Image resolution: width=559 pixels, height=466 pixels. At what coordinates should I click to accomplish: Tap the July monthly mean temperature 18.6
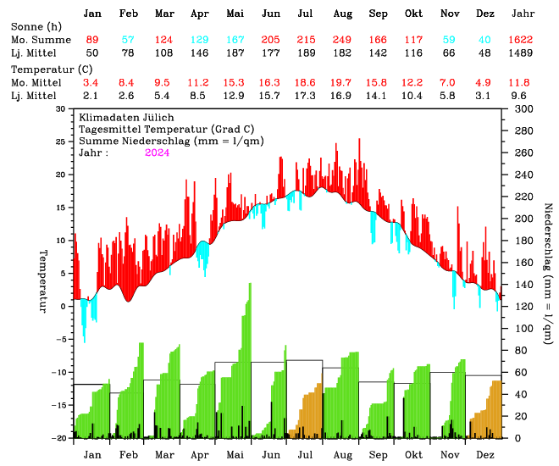tap(307, 82)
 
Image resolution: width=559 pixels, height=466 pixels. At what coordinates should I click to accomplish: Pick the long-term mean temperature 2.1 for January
tap(91, 96)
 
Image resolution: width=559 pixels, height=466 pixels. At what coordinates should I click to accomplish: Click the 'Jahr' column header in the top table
tap(523, 14)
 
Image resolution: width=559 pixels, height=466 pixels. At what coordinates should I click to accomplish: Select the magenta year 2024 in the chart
tap(158, 153)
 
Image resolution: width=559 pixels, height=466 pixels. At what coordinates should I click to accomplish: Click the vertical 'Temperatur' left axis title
tap(42, 280)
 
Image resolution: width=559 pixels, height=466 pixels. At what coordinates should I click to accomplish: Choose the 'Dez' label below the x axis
tap(485, 455)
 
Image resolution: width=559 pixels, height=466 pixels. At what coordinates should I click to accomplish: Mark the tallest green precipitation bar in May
tap(250, 356)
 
